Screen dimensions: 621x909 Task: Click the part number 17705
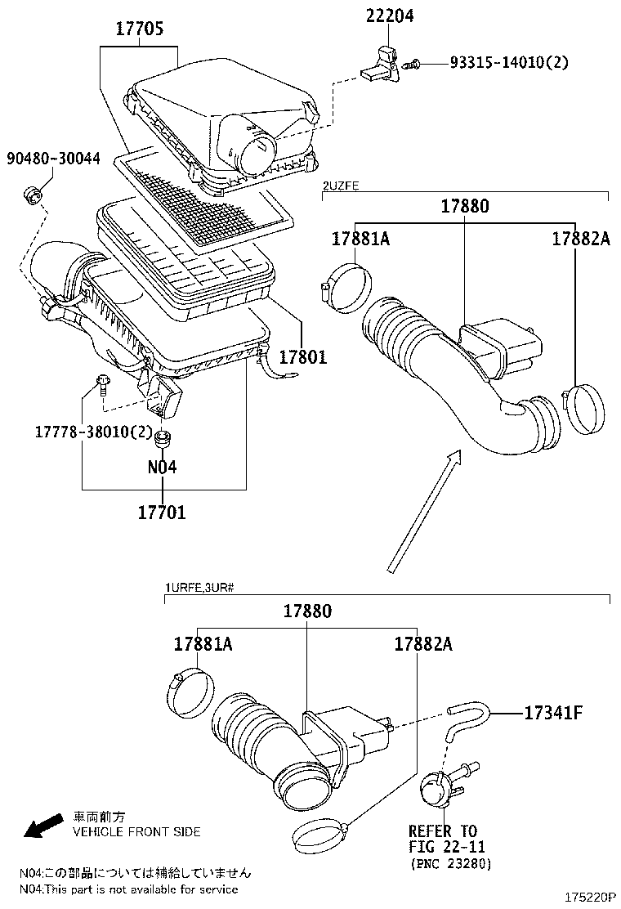tap(140, 29)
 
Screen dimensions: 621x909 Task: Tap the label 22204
tap(390, 16)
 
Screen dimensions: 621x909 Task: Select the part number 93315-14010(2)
tap(509, 62)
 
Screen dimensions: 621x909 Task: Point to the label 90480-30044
tap(53, 159)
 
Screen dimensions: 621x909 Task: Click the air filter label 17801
tap(303, 356)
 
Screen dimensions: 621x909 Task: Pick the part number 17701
tap(162, 512)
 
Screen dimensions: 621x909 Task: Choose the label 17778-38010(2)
tap(93, 432)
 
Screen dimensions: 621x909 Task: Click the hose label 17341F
tap(553, 713)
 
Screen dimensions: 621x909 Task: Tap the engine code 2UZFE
tap(341, 186)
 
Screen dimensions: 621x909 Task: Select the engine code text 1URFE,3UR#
tap(199, 588)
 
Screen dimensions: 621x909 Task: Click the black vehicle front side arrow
tap(43, 825)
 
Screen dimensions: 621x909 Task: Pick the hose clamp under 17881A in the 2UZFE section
tap(346, 287)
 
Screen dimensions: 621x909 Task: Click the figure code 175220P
tap(590, 897)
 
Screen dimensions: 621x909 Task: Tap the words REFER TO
tap(443, 831)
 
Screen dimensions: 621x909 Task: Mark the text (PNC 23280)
tap(451, 864)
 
